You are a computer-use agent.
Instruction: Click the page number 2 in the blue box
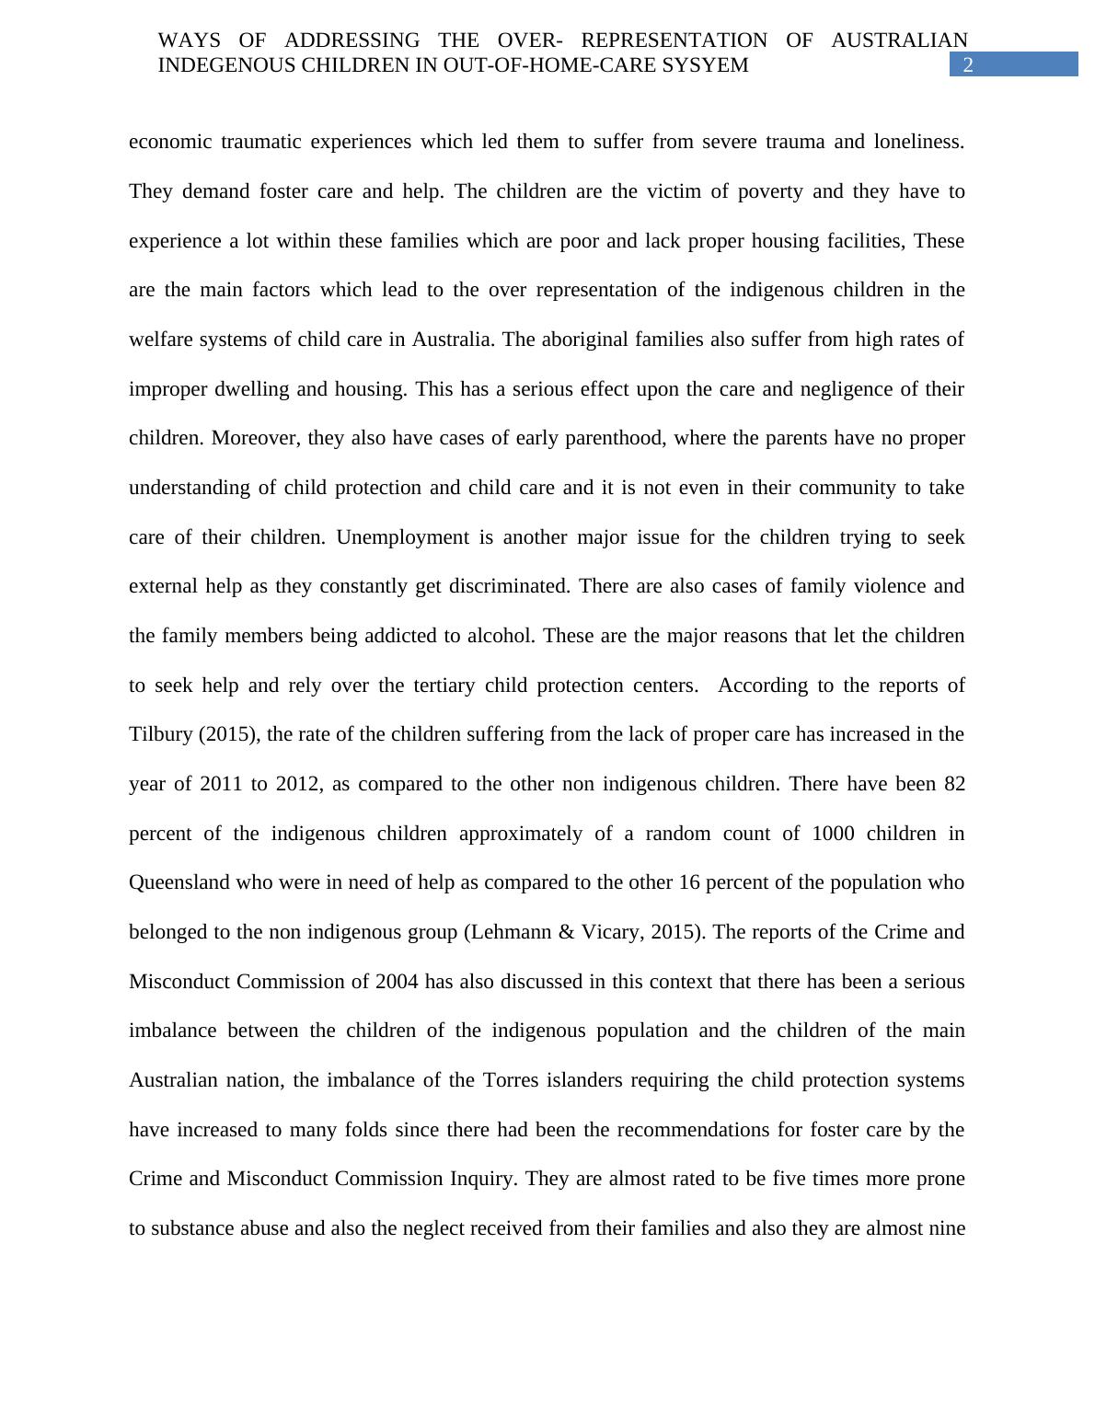point(967,65)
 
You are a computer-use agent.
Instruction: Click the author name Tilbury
point(160,734)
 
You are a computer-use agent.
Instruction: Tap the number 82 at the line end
point(953,784)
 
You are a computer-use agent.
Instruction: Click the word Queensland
point(179,882)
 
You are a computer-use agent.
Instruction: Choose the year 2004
point(397,982)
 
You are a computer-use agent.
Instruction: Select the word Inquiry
point(476,1179)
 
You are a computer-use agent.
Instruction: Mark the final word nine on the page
point(945,1228)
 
